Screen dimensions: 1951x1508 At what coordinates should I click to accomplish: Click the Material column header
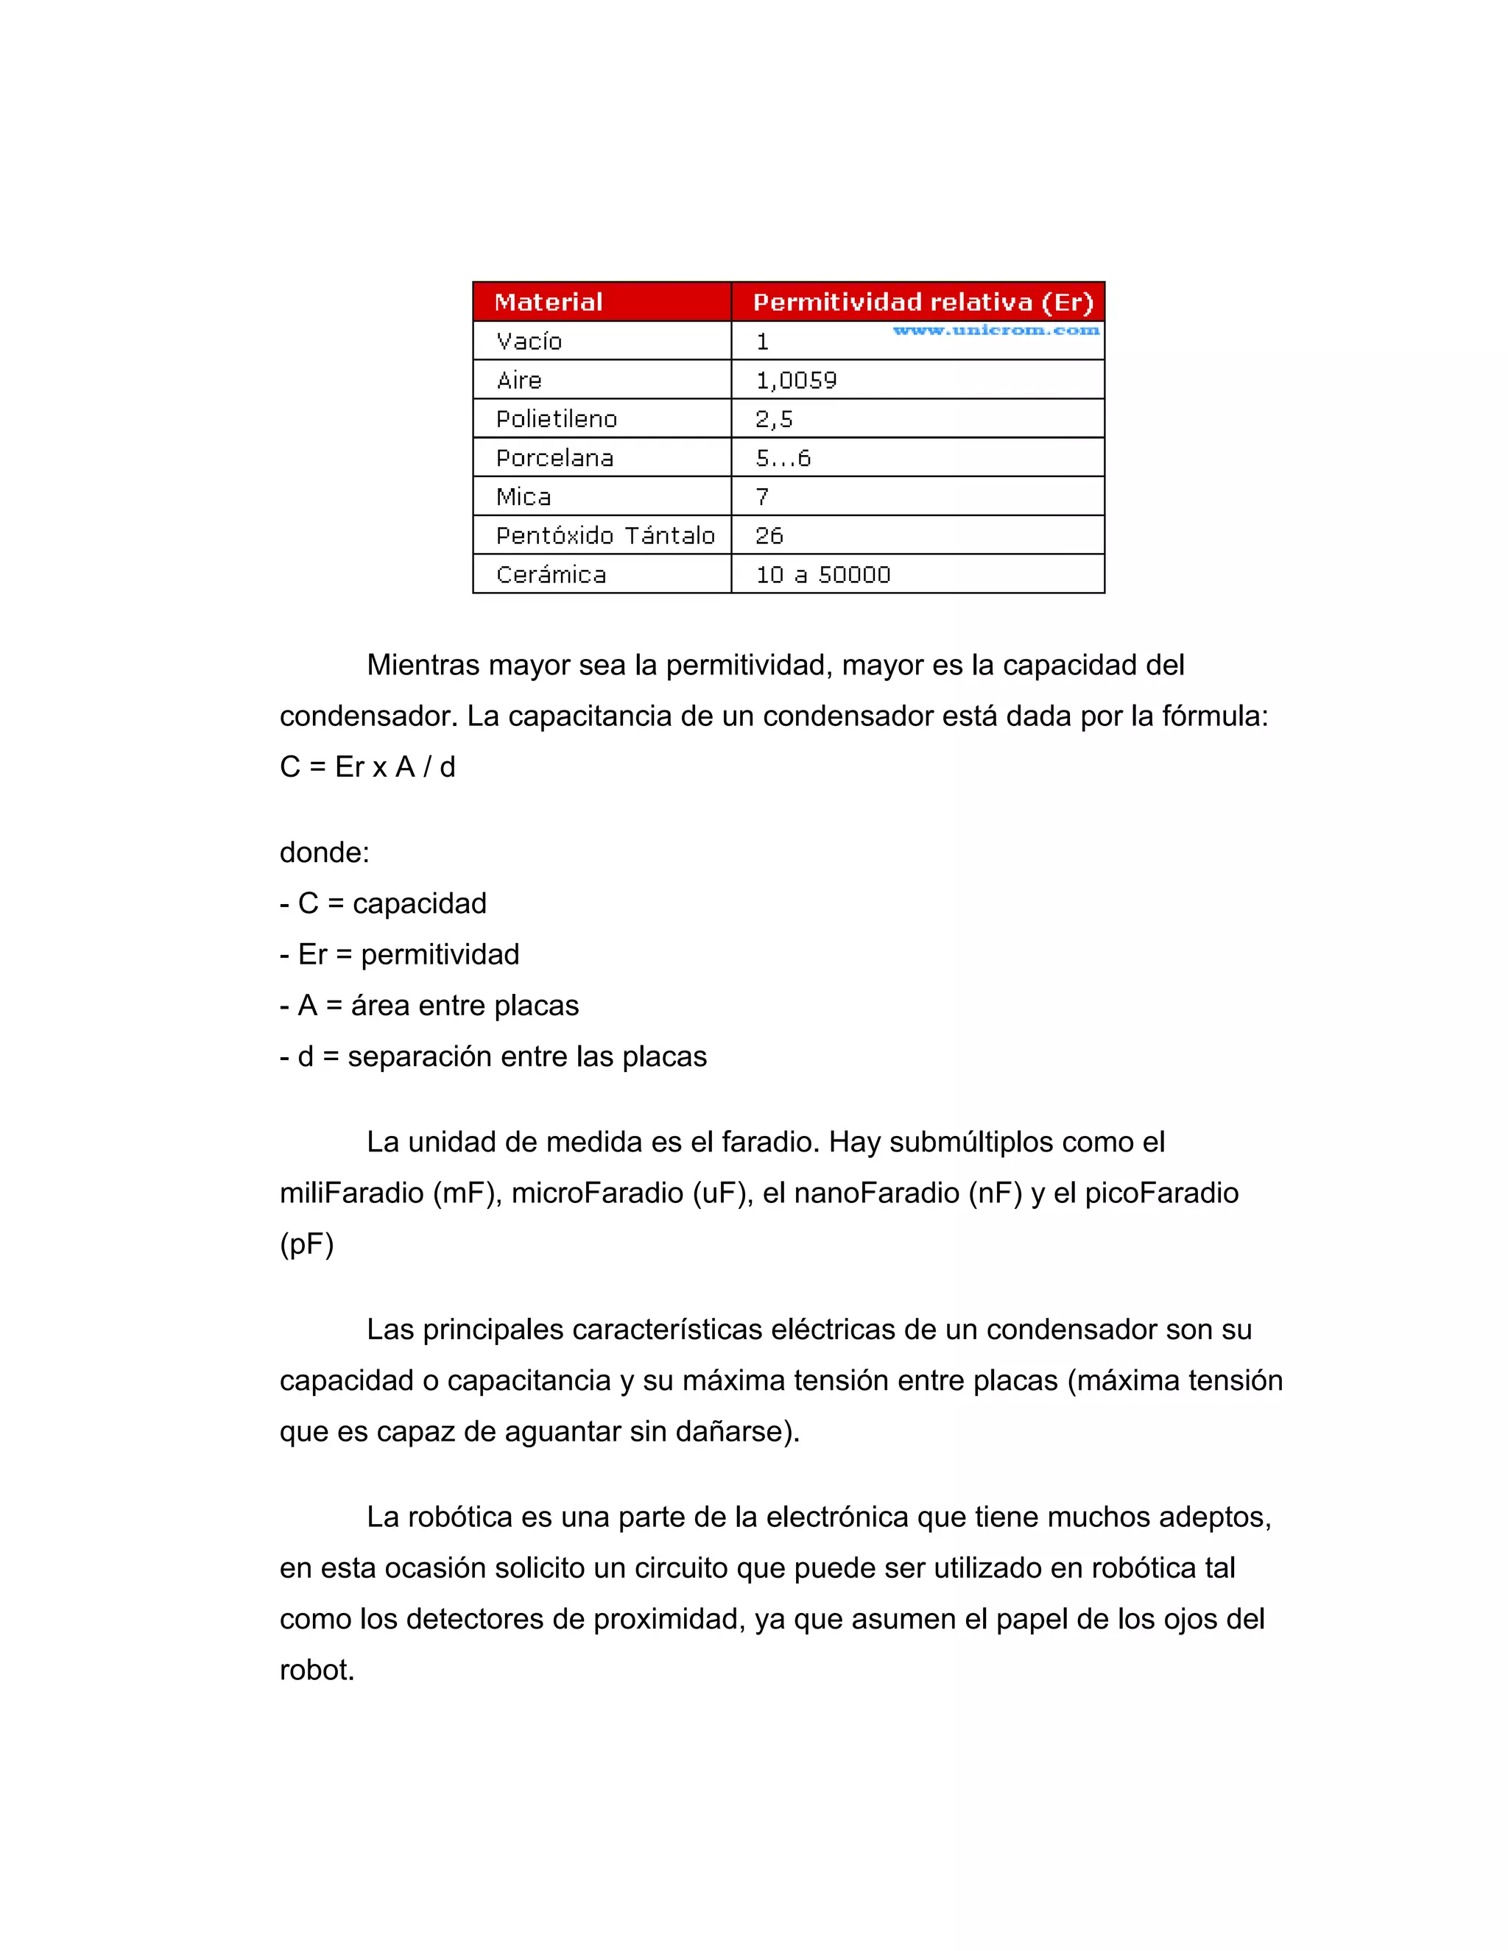coord(549,302)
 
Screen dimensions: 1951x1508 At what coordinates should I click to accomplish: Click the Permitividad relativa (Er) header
coord(923,302)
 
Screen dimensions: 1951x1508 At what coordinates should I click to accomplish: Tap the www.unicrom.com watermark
coord(996,331)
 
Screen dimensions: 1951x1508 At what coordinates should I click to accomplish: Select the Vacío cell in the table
coord(529,342)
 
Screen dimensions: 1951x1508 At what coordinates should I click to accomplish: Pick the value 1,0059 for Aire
coord(796,381)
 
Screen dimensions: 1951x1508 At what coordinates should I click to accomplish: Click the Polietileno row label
coord(557,419)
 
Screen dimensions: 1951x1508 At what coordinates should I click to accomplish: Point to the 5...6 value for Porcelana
coord(783,458)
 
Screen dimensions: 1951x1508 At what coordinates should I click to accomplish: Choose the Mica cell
coord(524,497)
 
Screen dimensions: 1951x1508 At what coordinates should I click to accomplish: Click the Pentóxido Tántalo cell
coord(605,535)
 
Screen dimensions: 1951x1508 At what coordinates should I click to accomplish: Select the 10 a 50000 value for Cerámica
coord(822,574)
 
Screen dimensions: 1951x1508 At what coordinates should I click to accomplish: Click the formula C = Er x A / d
coord(367,766)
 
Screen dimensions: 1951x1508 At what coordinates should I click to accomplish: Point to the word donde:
coord(324,853)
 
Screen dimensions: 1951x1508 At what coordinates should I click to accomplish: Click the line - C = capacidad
coord(383,903)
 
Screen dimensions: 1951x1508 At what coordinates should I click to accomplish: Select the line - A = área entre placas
coord(429,1005)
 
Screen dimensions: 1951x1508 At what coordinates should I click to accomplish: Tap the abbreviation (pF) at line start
coord(306,1243)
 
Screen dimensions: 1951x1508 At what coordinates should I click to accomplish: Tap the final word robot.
coord(317,1670)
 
